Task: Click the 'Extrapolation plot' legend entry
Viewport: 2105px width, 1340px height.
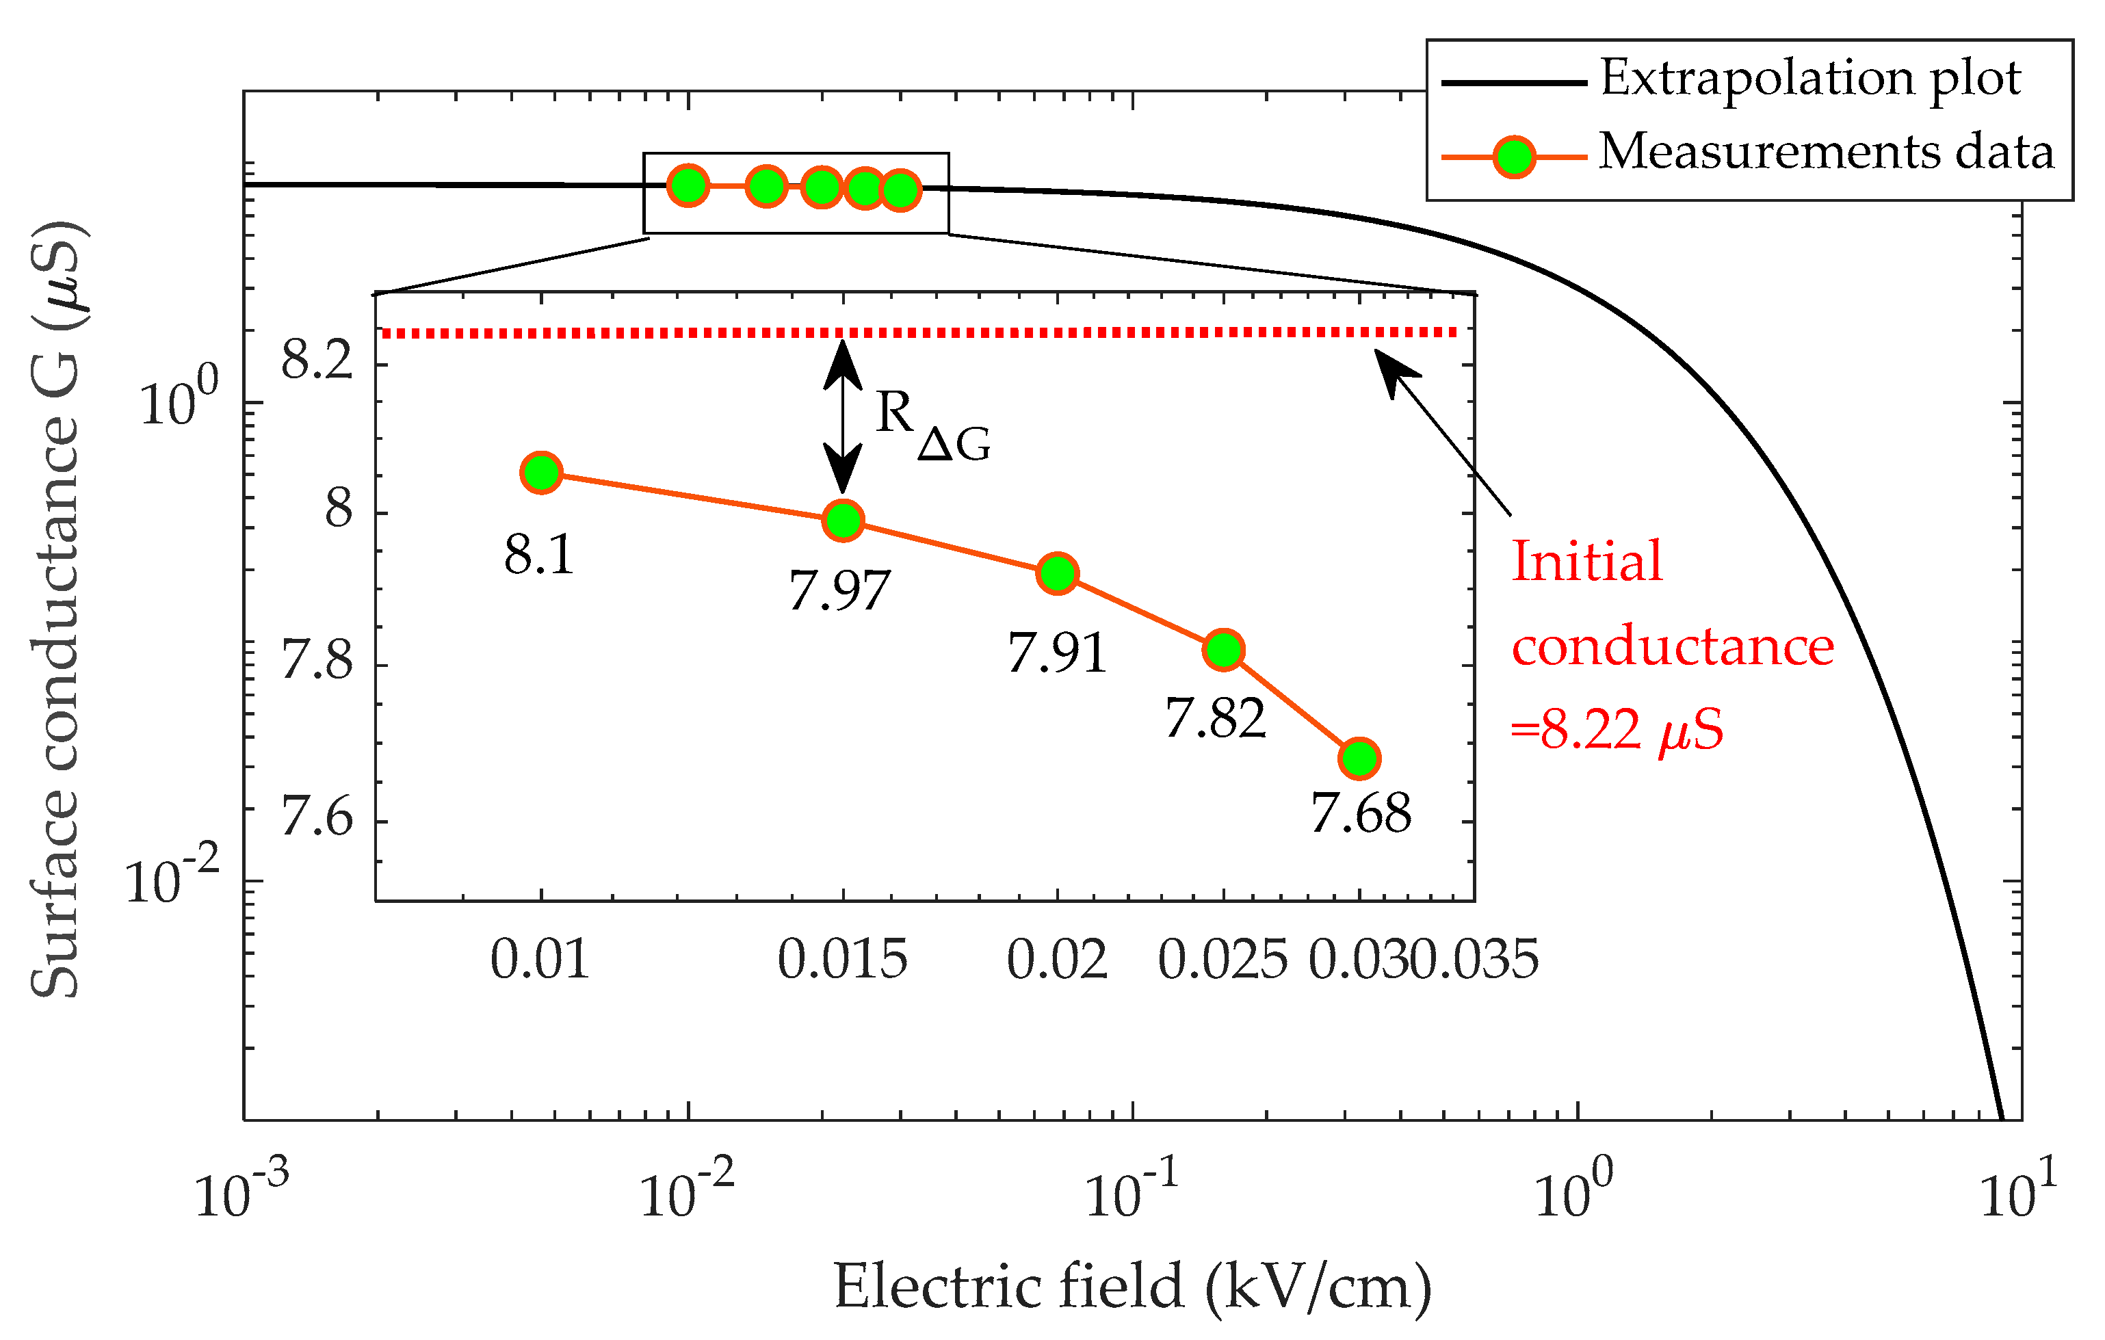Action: click(1809, 79)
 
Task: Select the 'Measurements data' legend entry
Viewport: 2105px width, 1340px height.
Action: click(1825, 152)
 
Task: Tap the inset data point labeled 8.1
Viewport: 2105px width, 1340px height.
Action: click(541, 473)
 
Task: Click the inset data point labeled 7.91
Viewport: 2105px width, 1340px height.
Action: click(1057, 573)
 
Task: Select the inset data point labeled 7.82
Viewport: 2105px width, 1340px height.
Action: click(1223, 649)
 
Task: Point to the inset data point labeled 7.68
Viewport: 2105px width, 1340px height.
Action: click(1359, 758)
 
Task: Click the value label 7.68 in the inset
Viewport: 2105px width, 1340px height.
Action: click(1360, 814)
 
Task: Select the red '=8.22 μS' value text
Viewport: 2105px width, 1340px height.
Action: click(1617, 730)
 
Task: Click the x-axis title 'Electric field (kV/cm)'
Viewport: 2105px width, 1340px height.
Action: click(1132, 1287)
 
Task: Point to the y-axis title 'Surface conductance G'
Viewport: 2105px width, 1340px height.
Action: click(56, 612)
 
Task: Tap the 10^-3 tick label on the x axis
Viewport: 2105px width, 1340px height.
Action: click(240, 1192)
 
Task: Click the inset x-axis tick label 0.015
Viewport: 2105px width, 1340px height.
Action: click(842, 960)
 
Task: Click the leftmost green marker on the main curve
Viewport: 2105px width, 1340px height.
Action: click(688, 185)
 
